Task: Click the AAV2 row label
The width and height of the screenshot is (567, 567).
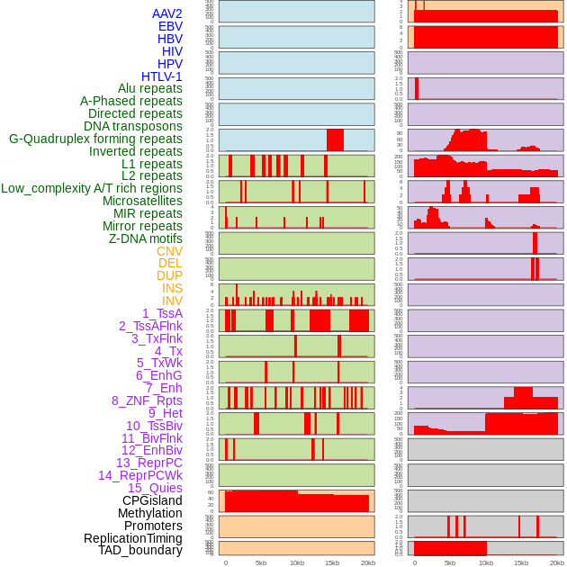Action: tap(166, 13)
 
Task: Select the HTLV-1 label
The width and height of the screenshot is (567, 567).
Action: tap(161, 76)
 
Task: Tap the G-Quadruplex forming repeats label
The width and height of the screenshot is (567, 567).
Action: tap(95, 139)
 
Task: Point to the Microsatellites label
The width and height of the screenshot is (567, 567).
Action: tap(142, 201)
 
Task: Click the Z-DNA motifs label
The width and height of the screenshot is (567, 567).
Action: tap(146, 238)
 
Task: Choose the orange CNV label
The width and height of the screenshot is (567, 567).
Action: tap(169, 251)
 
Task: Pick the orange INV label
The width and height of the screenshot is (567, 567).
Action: tap(172, 301)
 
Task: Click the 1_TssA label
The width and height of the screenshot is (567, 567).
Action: tap(162, 313)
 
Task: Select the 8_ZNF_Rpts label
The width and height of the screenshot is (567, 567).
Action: tap(147, 400)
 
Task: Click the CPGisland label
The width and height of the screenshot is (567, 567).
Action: tap(152, 500)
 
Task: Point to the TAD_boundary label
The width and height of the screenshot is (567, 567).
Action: tap(139, 550)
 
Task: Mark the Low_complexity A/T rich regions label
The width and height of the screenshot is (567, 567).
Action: tap(92, 188)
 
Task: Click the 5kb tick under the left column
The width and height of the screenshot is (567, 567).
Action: tap(261, 562)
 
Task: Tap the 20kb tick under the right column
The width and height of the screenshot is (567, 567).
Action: tap(557, 562)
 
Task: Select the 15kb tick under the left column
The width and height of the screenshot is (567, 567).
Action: tap(332, 562)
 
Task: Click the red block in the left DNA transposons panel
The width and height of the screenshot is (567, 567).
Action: tap(335, 140)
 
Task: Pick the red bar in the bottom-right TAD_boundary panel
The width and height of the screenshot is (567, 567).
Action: tap(450, 547)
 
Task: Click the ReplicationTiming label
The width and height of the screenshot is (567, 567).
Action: tap(132, 538)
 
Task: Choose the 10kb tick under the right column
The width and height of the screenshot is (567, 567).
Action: tap(486, 562)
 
